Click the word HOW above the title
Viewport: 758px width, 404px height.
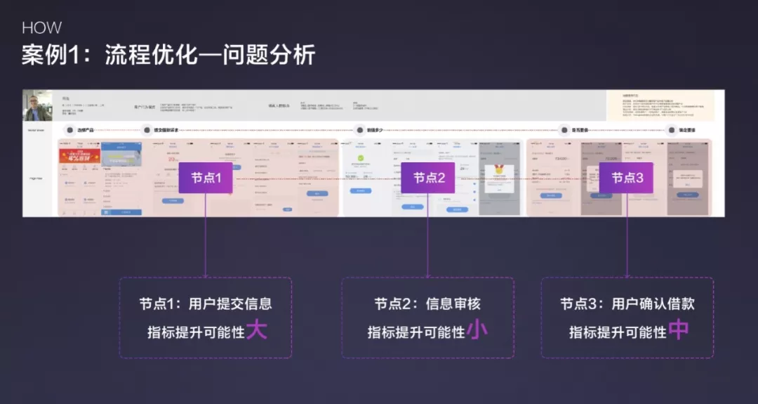41,28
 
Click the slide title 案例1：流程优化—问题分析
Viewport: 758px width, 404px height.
168,56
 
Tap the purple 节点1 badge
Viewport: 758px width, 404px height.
206,178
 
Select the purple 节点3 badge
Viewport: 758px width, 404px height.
626,178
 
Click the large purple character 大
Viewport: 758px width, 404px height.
257,330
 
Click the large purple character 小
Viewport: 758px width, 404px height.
477,330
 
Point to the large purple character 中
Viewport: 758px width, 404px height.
679,330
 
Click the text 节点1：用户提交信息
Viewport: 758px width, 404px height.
205,304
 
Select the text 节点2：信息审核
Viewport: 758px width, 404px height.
427,304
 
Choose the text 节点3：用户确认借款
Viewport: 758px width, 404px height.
627,304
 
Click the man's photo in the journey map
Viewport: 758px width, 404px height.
37,105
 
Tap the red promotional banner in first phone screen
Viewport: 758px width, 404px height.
79,155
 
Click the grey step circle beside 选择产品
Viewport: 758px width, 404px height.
69,130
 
